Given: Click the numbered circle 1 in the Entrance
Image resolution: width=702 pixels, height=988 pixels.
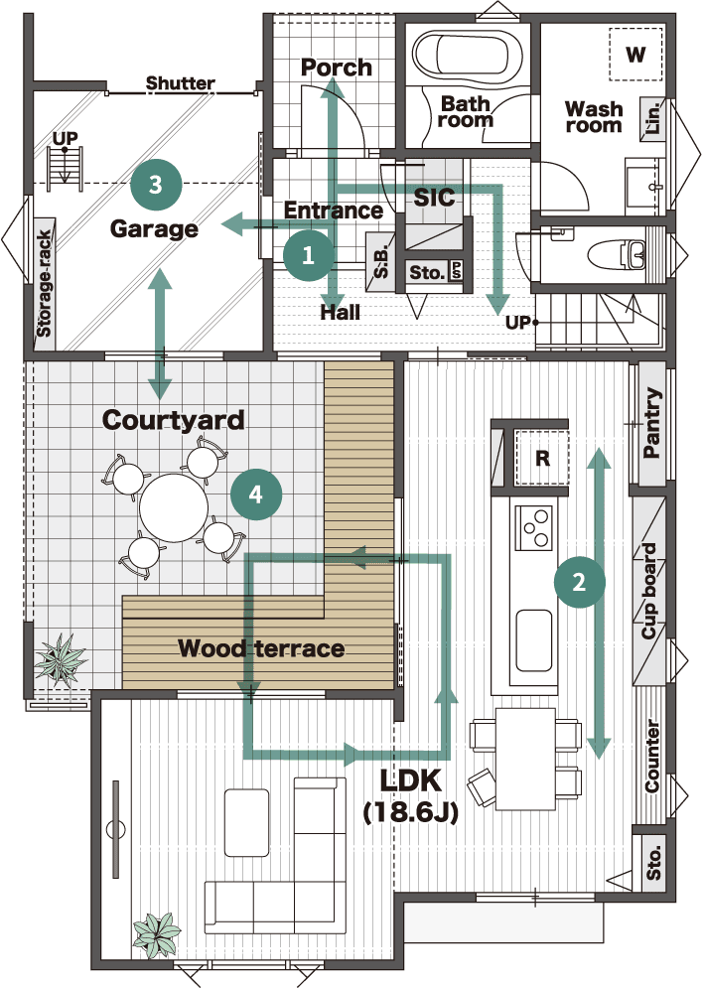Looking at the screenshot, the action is pyautogui.click(x=308, y=255).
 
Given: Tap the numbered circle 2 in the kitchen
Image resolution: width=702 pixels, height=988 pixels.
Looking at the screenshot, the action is pyautogui.click(x=579, y=582).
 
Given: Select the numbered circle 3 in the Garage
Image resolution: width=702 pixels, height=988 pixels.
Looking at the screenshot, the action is pyautogui.click(x=156, y=185).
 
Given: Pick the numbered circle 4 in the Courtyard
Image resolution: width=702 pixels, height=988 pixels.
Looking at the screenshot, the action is pyautogui.click(x=256, y=494).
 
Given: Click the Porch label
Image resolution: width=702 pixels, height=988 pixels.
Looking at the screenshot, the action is pyautogui.click(x=337, y=68).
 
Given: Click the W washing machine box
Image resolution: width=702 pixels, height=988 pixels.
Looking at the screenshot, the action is pyautogui.click(x=635, y=55).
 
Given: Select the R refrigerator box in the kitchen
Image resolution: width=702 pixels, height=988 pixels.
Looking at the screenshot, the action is pyautogui.click(x=542, y=458).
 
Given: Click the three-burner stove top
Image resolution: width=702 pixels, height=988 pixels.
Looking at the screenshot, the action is pyautogui.click(x=534, y=528).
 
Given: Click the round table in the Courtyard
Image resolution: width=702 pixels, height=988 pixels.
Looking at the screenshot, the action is pyautogui.click(x=174, y=507).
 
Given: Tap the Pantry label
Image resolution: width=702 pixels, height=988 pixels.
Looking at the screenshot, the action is pyautogui.click(x=652, y=423).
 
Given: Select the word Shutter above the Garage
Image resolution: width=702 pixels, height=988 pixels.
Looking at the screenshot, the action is pyautogui.click(x=181, y=82).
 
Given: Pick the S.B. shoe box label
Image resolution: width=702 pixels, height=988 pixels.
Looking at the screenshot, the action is pyautogui.click(x=381, y=260).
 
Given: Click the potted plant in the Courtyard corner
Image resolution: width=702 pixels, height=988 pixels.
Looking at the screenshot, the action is pyautogui.click(x=60, y=659).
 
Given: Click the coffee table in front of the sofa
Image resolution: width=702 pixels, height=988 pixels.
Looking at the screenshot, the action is pyautogui.click(x=247, y=822).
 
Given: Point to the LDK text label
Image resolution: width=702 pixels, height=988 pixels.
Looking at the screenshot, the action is pyautogui.click(x=410, y=781).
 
